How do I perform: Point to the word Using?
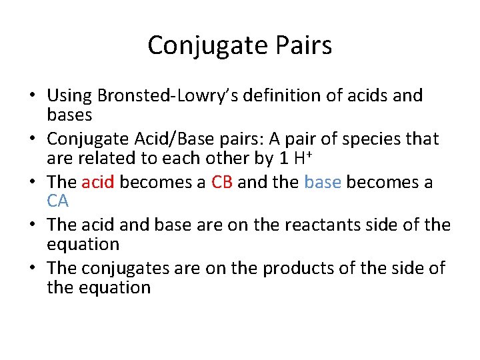click(67, 96)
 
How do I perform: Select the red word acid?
click(98, 182)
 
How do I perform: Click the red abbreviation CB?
click(221, 182)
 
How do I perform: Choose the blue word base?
click(323, 182)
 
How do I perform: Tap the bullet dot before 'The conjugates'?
click(31, 269)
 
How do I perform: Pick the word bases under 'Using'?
click(69, 114)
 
